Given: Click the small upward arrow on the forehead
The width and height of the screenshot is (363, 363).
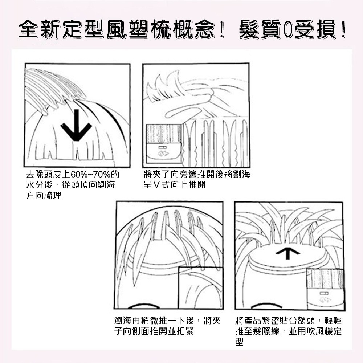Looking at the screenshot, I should click(x=287, y=253).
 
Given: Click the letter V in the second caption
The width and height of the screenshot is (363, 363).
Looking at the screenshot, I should click(x=156, y=185).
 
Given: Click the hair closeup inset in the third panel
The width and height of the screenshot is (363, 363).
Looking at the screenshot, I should click(x=201, y=288).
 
